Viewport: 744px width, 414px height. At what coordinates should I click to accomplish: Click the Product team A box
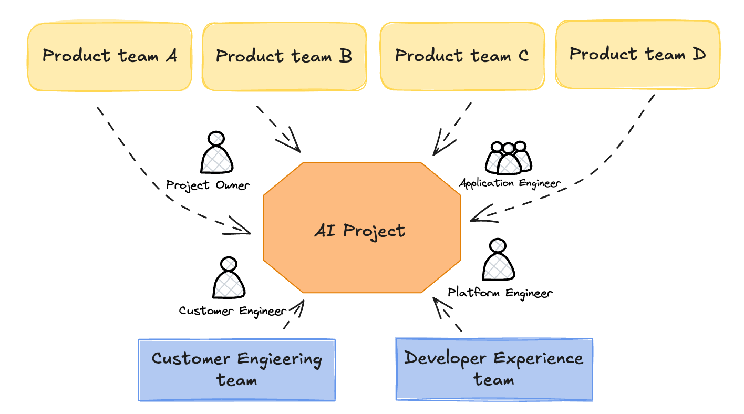pos(109,56)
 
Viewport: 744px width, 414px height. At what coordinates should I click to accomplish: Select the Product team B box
pos(284,56)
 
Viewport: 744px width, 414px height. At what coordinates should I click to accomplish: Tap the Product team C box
pos(462,56)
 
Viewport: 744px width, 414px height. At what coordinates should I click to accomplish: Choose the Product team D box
pos(637,54)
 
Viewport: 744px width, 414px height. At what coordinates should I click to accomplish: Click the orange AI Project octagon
pos(361,230)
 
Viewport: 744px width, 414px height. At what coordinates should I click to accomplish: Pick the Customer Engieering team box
pos(236,369)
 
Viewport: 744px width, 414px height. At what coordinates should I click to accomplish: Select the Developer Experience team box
pos(494,369)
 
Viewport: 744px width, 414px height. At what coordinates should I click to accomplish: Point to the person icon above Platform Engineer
pos(498,261)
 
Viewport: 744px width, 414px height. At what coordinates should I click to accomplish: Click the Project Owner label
pos(208,185)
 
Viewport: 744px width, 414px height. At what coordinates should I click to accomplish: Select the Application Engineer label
pos(510,183)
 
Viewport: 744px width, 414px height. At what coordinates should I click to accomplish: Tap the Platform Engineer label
pos(500,293)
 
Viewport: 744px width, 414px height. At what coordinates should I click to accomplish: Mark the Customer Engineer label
pos(232,310)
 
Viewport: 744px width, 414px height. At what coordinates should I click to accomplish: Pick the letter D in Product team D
pos(699,54)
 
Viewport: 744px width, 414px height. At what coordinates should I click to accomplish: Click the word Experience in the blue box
pos(538,358)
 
